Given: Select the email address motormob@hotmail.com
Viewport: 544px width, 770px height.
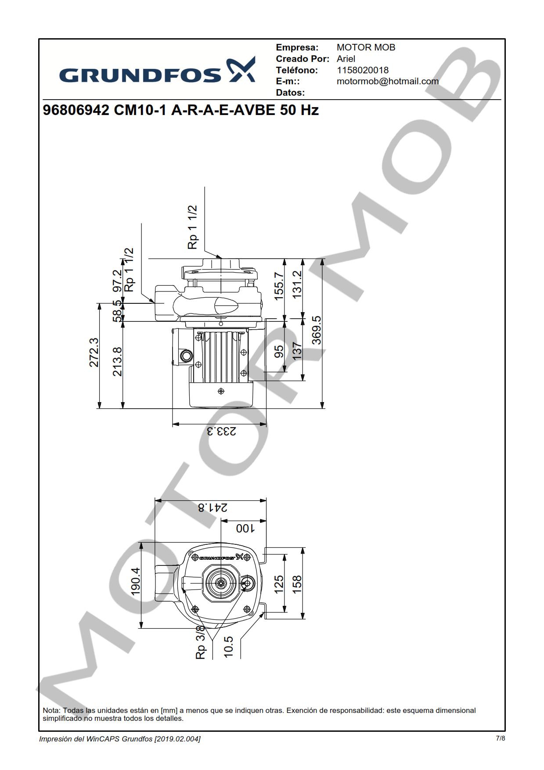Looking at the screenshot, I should tap(387, 82).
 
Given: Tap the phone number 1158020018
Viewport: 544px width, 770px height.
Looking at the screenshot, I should tap(362, 70).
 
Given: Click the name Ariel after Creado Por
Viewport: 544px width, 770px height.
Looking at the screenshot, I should tap(346, 59).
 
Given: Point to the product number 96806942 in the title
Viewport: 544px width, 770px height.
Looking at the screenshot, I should tap(76, 110).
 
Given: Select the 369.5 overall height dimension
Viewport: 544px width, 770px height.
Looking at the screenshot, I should tap(317, 330).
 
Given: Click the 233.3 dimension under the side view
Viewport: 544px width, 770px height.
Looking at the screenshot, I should tap(221, 431).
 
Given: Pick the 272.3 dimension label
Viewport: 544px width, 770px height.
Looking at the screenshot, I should tap(94, 352).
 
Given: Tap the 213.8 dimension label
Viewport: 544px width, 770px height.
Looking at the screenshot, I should tap(117, 361).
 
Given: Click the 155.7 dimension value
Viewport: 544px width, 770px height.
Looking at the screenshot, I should tap(279, 286).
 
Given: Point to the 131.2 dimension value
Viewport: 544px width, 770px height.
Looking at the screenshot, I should tap(297, 284).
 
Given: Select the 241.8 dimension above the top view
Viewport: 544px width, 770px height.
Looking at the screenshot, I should tap(213, 507).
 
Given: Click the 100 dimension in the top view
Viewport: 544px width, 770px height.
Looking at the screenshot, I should tap(245, 528).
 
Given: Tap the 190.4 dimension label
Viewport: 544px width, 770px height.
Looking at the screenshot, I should tap(135, 581).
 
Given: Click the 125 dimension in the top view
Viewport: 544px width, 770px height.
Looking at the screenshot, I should tap(279, 584).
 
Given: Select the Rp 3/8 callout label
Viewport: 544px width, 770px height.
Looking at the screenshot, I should tap(200, 642).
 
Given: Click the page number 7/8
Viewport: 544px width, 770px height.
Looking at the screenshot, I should tap(500, 738).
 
